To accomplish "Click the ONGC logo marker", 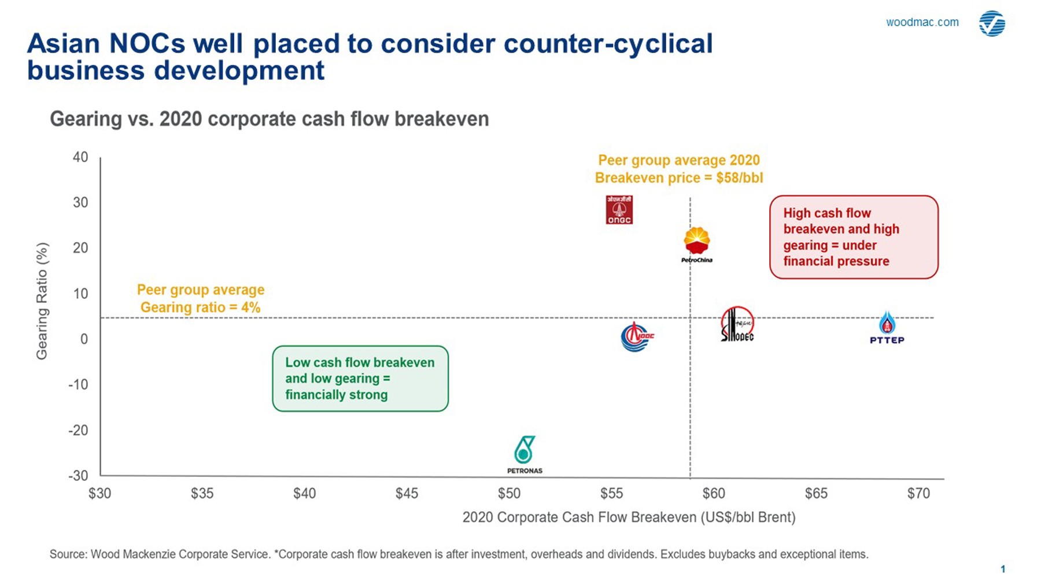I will pyautogui.click(x=619, y=209).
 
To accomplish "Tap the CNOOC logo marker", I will pyautogui.click(x=636, y=337).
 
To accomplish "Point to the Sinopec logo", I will pyautogui.click(x=737, y=324).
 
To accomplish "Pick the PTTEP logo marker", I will pyautogui.click(x=887, y=328).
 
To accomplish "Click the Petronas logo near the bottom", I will pyautogui.click(x=525, y=454).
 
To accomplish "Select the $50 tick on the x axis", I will pyautogui.click(x=509, y=494).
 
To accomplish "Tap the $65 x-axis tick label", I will pyautogui.click(x=816, y=494).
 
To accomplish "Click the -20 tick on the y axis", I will pyautogui.click(x=78, y=430).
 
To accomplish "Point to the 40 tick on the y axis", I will pyautogui.click(x=80, y=157).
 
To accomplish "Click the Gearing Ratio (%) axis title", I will pyautogui.click(x=42, y=301).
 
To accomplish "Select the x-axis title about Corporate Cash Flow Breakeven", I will pyautogui.click(x=629, y=517).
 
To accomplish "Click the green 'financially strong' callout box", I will pyautogui.click(x=360, y=379).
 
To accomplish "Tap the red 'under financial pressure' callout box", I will pyautogui.click(x=853, y=237).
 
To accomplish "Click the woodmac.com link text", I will pyautogui.click(x=922, y=22).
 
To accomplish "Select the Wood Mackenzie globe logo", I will pyautogui.click(x=992, y=24).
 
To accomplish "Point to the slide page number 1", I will pyautogui.click(x=1003, y=569).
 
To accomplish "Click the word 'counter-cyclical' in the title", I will pyautogui.click(x=608, y=44).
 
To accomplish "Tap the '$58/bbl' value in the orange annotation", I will pyautogui.click(x=739, y=178).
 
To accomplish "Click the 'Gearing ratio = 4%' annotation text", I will pyautogui.click(x=200, y=308).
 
